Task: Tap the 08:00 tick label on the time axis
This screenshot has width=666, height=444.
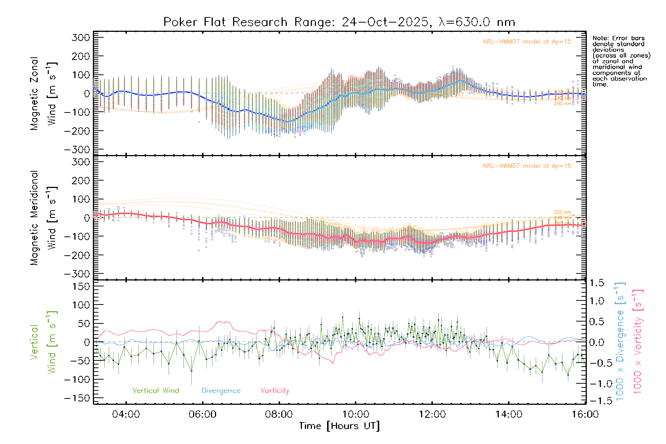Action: pos(279,414)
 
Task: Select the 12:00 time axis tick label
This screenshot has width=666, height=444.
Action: pos(432,414)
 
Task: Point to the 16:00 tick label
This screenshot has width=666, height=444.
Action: pos(585,414)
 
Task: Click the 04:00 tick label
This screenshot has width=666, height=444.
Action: pos(126,414)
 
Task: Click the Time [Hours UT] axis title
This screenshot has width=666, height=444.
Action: pos(339,426)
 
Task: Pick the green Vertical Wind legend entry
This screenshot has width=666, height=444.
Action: pos(155,391)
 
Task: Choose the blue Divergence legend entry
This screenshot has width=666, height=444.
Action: pos(221,391)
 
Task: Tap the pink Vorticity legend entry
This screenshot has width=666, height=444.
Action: pos(275,391)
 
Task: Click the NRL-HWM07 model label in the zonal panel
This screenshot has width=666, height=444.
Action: pos(527,42)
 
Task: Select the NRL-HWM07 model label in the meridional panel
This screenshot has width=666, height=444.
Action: pos(527,166)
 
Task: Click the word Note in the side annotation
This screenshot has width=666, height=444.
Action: pos(600,38)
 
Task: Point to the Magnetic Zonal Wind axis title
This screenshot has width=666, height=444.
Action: pos(44,94)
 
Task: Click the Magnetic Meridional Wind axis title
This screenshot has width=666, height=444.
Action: pos(44,218)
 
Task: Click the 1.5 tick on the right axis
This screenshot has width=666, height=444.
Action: pos(597,283)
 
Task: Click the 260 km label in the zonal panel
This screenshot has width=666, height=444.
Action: pos(562,104)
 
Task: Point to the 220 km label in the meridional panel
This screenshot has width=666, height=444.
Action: pos(562,212)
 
